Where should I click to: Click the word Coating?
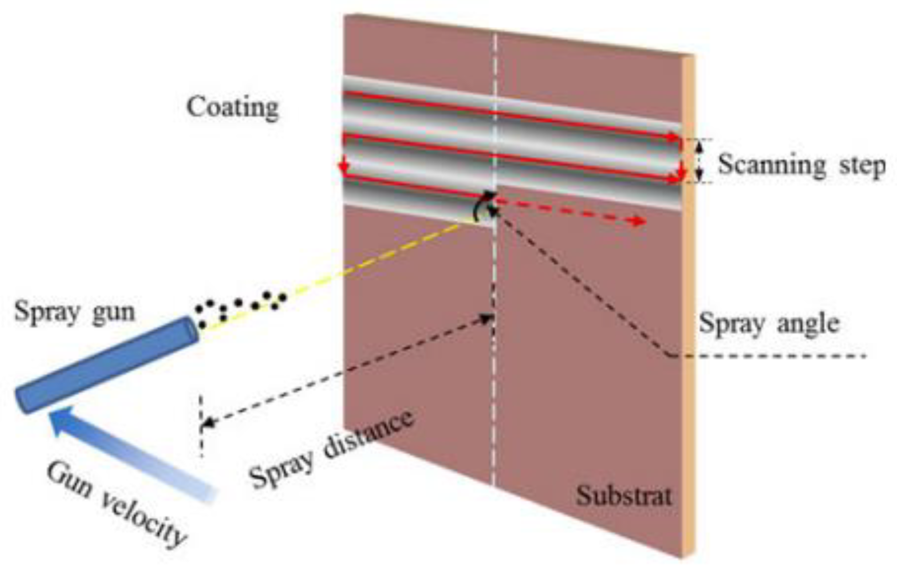(233, 108)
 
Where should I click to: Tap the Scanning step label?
(801, 165)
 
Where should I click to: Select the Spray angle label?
(769, 323)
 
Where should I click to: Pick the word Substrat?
(623, 496)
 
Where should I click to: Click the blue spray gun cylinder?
(107, 365)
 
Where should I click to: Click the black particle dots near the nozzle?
(240, 308)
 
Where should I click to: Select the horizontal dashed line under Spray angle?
(767, 356)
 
